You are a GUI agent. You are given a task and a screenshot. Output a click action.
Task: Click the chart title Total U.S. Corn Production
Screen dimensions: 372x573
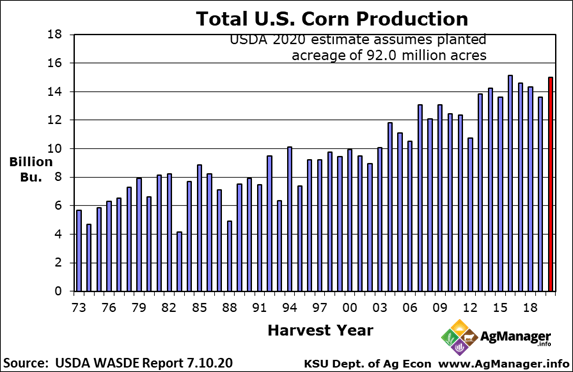[317, 19]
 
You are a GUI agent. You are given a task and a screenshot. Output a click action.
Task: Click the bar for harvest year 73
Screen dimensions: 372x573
[79, 250]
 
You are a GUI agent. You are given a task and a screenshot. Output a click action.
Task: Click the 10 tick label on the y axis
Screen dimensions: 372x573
[57, 149]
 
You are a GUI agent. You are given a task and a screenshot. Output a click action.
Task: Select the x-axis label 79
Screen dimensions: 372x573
[139, 308]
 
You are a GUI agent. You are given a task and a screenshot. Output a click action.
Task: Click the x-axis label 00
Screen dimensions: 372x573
[349, 308]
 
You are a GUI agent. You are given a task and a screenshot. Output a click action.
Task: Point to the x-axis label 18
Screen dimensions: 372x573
[529, 308]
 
